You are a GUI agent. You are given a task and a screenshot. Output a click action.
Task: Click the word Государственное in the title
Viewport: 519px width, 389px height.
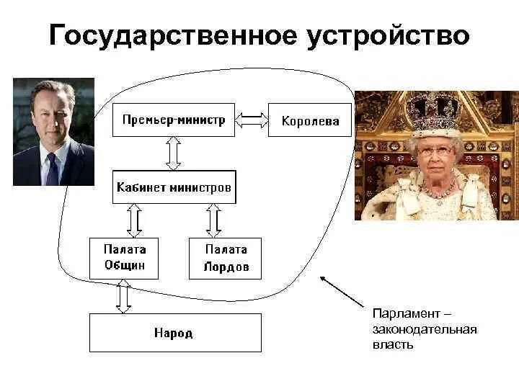click(172, 36)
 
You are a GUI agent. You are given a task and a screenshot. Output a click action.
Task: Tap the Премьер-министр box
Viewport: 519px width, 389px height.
click(174, 120)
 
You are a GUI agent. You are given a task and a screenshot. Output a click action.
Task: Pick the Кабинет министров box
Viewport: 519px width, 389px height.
click(174, 187)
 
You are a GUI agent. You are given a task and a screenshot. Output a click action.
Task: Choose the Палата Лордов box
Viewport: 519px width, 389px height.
click(225, 259)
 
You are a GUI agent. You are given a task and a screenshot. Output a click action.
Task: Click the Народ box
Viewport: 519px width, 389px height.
click(174, 333)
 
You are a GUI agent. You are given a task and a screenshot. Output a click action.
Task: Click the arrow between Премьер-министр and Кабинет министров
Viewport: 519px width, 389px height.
click(174, 152)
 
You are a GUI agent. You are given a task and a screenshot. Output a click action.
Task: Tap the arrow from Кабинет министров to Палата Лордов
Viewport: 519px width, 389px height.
click(213, 220)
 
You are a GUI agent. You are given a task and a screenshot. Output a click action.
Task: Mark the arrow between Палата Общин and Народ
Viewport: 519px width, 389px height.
click(124, 296)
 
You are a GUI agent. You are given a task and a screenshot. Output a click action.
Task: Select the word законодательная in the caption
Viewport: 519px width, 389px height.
click(425, 329)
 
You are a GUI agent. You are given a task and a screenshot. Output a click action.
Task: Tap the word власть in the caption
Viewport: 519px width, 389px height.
click(393, 344)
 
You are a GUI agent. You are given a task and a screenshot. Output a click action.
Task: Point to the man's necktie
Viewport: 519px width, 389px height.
click(52, 169)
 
